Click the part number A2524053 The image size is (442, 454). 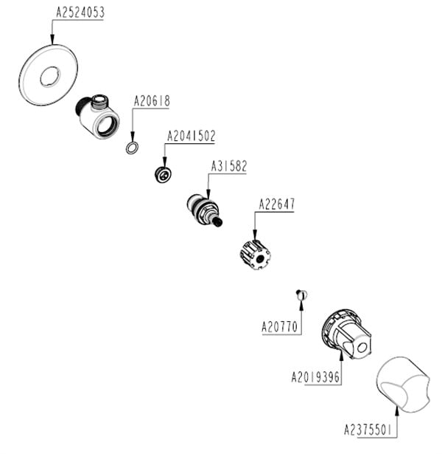point(80,13)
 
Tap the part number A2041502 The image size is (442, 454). point(191,137)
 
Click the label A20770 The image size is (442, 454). point(280,325)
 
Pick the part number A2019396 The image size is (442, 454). point(315,377)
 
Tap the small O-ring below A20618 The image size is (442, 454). point(131,148)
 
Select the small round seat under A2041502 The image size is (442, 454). point(163,175)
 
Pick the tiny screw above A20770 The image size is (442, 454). point(301,295)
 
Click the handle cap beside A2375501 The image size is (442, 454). point(401,384)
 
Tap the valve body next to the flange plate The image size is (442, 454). point(98,114)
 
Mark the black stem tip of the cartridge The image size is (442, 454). point(219,221)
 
